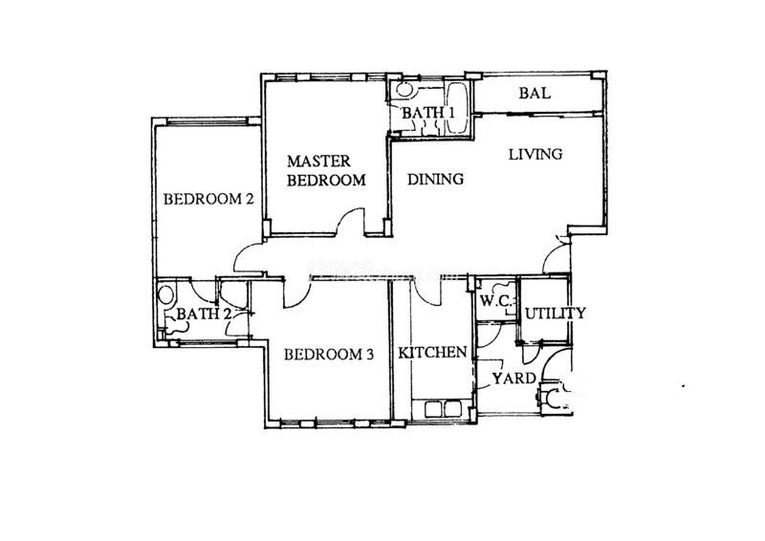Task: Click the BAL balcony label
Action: click(x=535, y=93)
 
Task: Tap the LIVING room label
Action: click(x=535, y=154)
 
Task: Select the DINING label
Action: click(x=435, y=179)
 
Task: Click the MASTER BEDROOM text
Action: click(x=326, y=170)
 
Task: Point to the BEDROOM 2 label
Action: click(x=208, y=199)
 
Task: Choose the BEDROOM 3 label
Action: click(x=329, y=355)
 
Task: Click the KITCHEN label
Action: click(x=432, y=352)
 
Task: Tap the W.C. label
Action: click(x=495, y=301)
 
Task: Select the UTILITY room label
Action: click(x=556, y=313)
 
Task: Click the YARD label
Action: click(x=514, y=379)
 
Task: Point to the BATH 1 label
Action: click(x=428, y=113)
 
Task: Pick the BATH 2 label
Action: click(x=204, y=314)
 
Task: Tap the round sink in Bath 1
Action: click(x=404, y=90)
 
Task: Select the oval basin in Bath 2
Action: click(x=165, y=295)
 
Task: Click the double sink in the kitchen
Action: click(x=443, y=409)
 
